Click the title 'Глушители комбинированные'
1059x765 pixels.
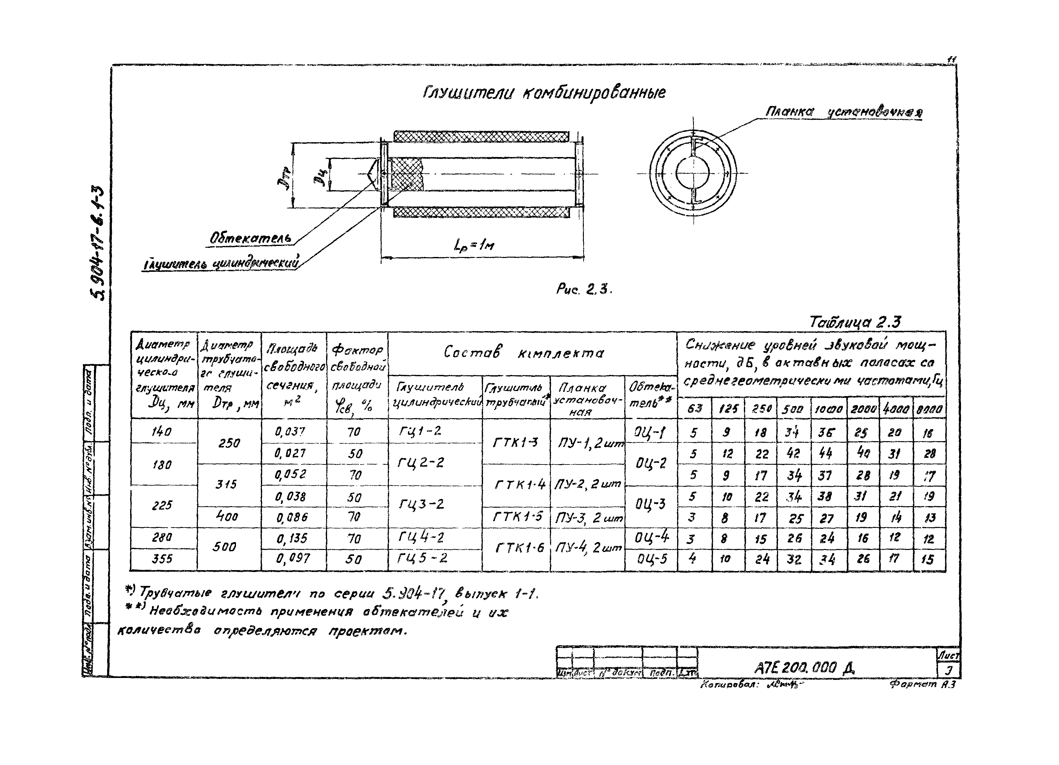(x=544, y=93)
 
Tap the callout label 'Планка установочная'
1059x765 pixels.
(x=843, y=113)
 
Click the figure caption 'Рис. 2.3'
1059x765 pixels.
(x=584, y=290)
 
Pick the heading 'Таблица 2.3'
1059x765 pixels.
(x=855, y=322)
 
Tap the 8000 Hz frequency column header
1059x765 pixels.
(x=929, y=409)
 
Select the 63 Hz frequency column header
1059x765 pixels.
(x=694, y=408)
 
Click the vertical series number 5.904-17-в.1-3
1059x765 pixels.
(x=99, y=243)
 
